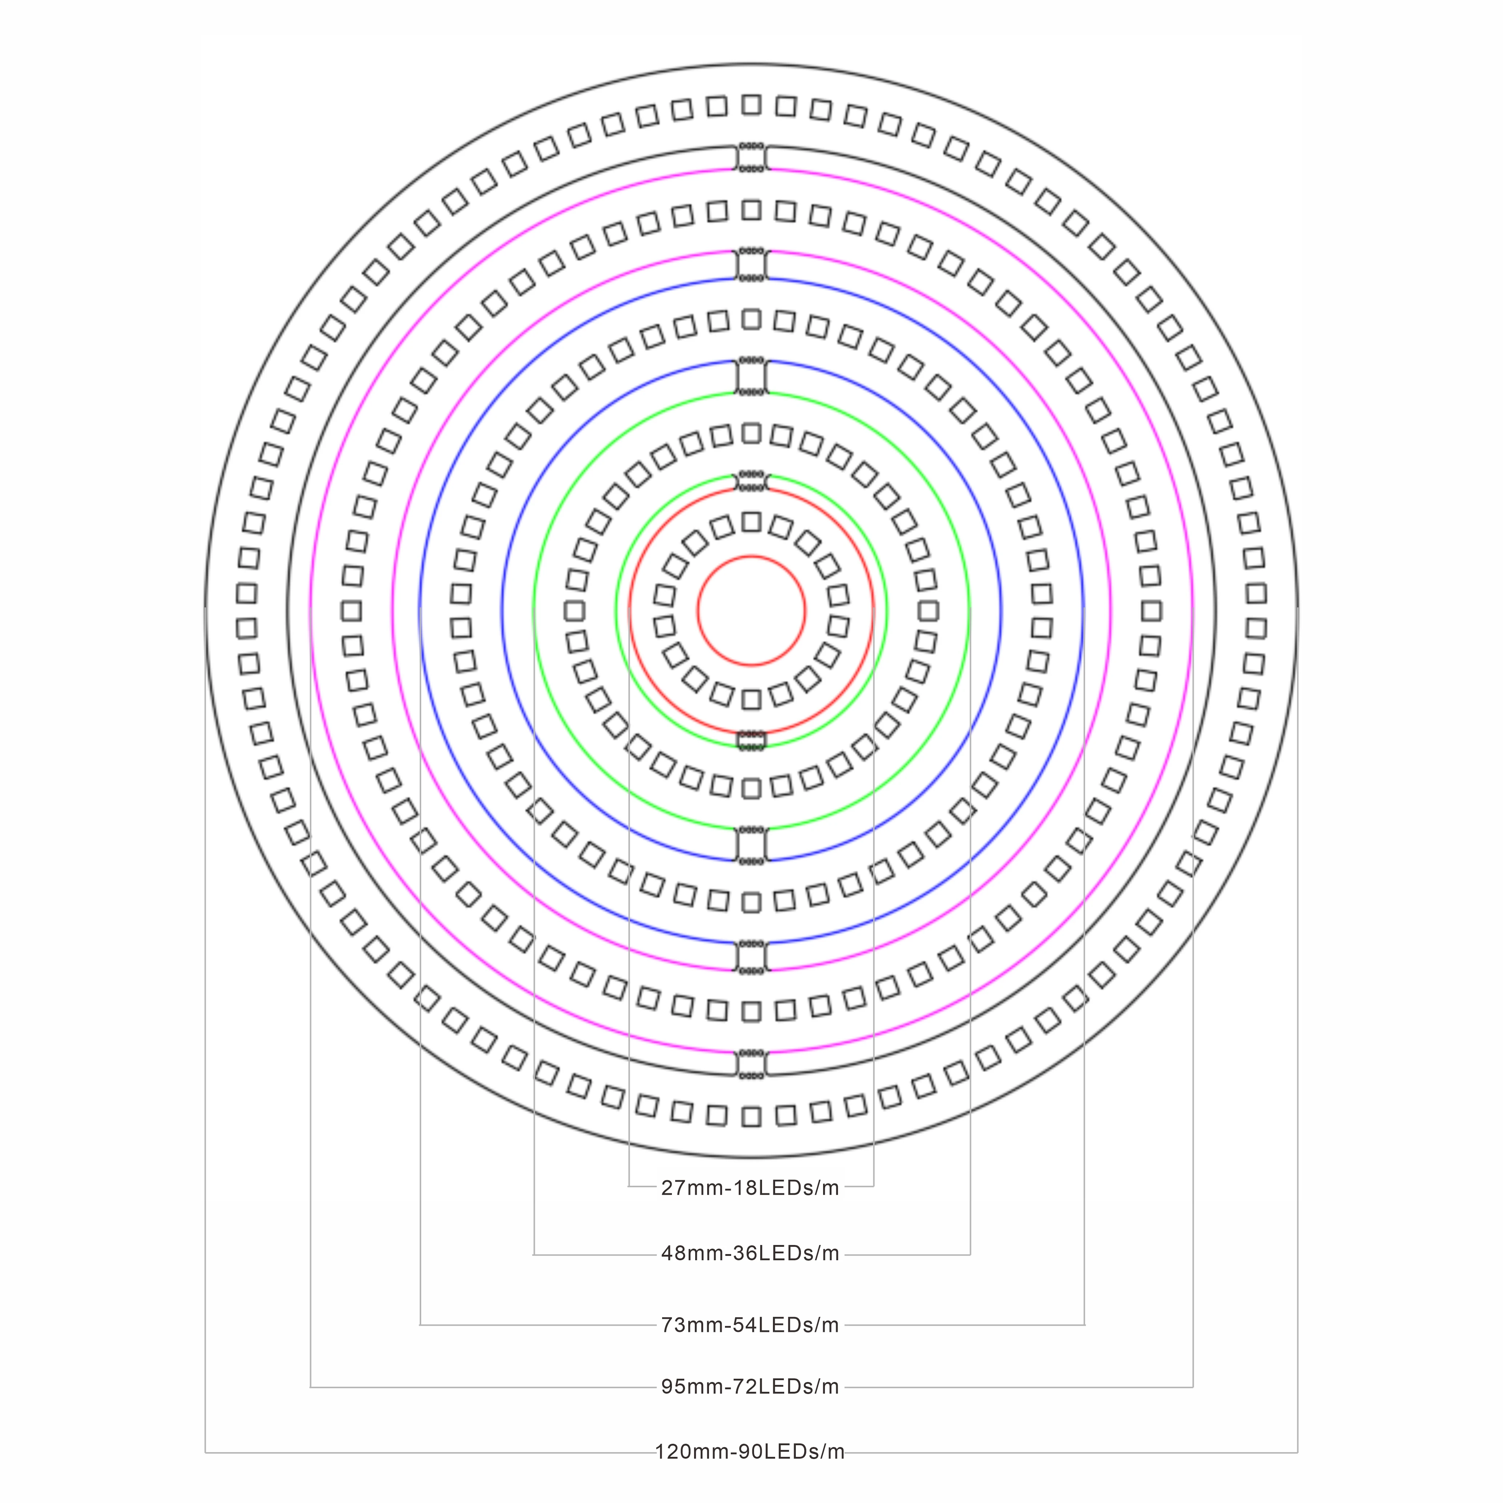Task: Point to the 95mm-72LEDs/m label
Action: (750, 1387)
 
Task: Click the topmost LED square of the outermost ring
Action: (751, 105)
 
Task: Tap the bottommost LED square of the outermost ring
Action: (751, 1117)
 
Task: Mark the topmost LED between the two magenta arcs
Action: (751, 210)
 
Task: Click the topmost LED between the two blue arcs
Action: (751, 319)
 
